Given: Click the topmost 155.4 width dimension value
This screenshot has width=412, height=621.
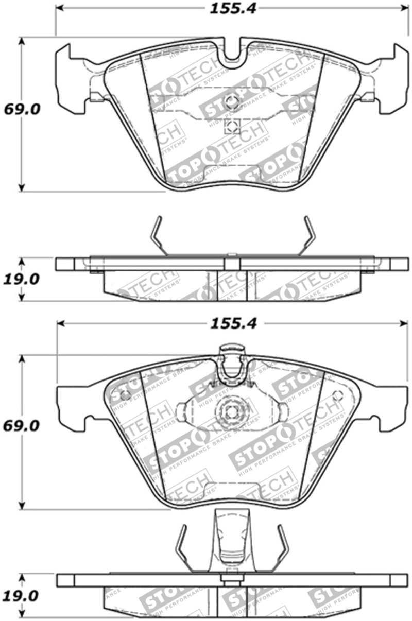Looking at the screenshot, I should tap(232, 8).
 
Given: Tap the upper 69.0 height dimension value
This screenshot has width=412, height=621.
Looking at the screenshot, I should tap(21, 110).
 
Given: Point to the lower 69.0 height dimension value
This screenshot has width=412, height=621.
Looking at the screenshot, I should tap(21, 426).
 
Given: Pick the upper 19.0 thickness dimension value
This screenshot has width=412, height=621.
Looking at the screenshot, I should tap(21, 279).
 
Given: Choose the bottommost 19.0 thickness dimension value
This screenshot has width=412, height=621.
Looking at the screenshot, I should tap(21, 596).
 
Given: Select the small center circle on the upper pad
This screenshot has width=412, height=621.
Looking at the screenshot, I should tap(231, 101).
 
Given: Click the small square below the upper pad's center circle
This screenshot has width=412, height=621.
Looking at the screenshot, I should tap(231, 126).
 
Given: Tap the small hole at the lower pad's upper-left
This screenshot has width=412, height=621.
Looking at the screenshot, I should tap(124, 394).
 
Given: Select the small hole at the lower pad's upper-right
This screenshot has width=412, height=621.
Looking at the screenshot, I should tap(337, 396).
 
